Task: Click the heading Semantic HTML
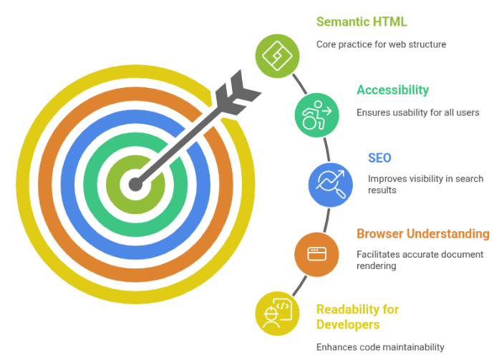(362, 21)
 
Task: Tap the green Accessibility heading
(392, 89)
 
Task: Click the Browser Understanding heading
(422, 233)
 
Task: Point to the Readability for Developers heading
(357, 316)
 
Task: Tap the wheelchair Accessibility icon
(316, 114)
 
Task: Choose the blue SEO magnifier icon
(329, 183)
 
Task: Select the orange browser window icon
(316, 253)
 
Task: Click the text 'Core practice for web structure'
(381, 44)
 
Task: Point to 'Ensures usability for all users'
(417, 112)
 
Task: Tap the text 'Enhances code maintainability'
(380, 347)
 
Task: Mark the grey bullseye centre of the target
(135, 185)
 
